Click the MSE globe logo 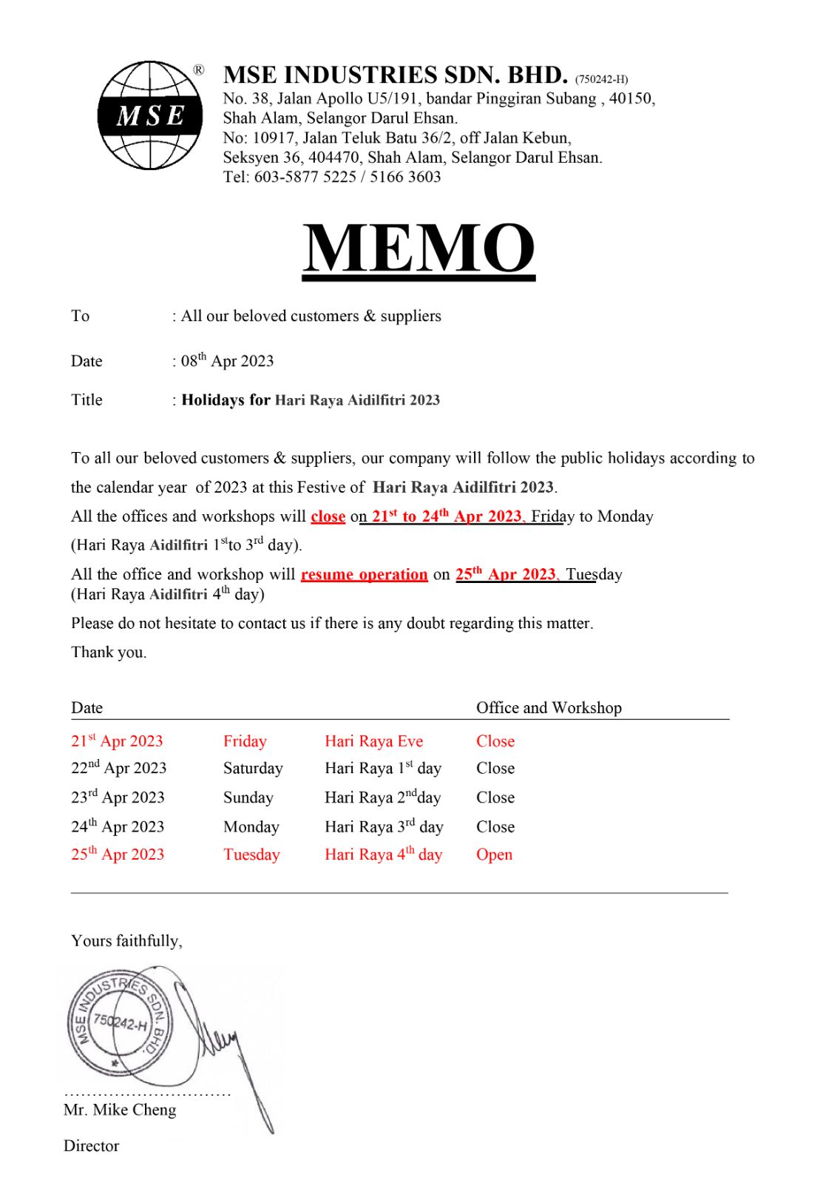pyautogui.click(x=151, y=115)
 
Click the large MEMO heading pyautogui.click(x=418, y=249)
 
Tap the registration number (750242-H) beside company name pyautogui.click(x=601, y=79)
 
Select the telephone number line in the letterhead pyautogui.click(x=332, y=177)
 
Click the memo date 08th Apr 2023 pyautogui.click(x=228, y=361)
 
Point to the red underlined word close pyautogui.click(x=328, y=516)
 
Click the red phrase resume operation pyautogui.click(x=364, y=575)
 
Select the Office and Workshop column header pyautogui.click(x=549, y=708)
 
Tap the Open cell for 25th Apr pyautogui.click(x=494, y=855)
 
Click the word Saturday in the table pyautogui.click(x=253, y=769)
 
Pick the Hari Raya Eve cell pyautogui.click(x=373, y=741)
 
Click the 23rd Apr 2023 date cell pyautogui.click(x=118, y=798)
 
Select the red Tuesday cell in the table pyautogui.click(x=251, y=855)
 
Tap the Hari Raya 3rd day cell pyautogui.click(x=383, y=827)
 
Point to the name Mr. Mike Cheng pyautogui.click(x=120, y=1110)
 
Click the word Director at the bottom pyautogui.click(x=91, y=1146)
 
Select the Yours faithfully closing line pyautogui.click(x=126, y=941)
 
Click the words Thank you pyautogui.click(x=109, y=653)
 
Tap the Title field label pyautogui.click(x=87, y=400)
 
